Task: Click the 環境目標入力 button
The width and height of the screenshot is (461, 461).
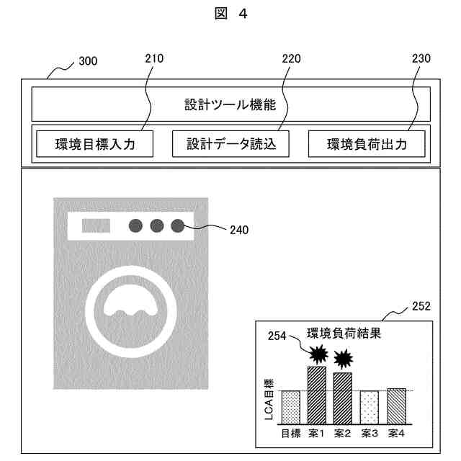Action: tap(95, 144)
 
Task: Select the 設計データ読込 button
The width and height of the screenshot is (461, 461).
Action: tap(230, 144)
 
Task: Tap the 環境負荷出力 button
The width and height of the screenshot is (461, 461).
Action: tap(367, 144)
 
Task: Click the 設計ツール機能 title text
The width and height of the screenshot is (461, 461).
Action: tap(230, 104)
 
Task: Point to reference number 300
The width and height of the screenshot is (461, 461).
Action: tap(88, 62)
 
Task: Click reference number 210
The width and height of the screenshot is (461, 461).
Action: tap(154, 58)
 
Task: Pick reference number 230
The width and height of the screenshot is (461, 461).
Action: tap(421, 58)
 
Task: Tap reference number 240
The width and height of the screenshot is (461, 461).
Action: tap(239, 230)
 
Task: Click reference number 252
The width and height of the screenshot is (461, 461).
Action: tap(421, 306)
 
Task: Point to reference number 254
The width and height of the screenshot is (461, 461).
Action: tap(277, 336)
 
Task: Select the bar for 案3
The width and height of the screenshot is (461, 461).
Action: tap(370, 407)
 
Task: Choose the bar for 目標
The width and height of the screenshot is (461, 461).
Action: tap(290, 407)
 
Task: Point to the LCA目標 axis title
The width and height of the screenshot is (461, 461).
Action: tap(269, 400)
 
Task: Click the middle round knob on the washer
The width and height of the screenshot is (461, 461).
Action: tap(156, 225)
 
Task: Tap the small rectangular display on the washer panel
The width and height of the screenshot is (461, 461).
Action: tap(95, 226)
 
